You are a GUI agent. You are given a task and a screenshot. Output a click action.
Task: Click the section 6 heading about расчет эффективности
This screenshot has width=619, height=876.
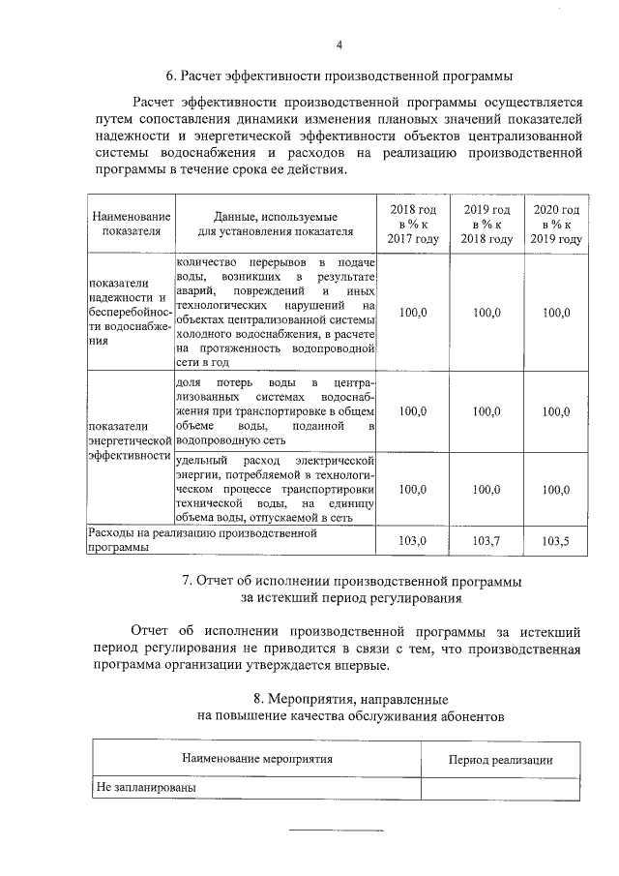tap(339, 75)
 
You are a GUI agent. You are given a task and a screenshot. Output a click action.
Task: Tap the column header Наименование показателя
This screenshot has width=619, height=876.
tap(131, 225)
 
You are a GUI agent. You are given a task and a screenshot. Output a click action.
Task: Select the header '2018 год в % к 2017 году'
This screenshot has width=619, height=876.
tap(413, 225)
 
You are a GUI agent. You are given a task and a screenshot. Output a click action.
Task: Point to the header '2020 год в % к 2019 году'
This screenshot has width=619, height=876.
tap(556, 225)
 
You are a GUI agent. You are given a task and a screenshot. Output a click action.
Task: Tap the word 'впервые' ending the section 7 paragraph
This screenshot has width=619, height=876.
tap(364, 666)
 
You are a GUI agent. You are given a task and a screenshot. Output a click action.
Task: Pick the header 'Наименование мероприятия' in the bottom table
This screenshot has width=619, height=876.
tap(256, 759)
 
